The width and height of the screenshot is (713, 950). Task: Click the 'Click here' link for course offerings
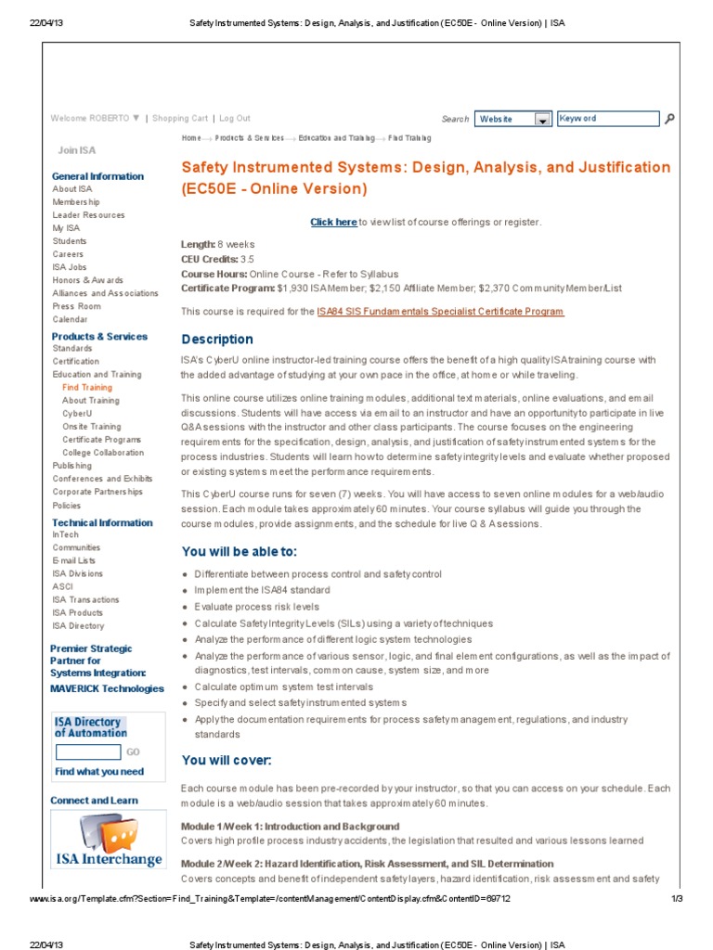(333, 222)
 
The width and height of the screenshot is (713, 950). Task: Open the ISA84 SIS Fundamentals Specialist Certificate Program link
(440, 312)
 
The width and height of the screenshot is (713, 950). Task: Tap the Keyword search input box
(607, 119)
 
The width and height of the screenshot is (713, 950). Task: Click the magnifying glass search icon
(670, 119)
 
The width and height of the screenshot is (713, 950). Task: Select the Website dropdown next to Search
(512, 119)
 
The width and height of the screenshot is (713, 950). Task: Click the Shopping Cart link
(180, 119)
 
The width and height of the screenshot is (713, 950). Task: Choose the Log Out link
(235, 119)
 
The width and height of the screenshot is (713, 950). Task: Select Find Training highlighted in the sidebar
(87, 388)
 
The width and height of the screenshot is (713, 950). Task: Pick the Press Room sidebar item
(77, 306)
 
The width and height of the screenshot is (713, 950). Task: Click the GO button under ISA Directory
(133, 752)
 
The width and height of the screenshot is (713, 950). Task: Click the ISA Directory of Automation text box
(88, 752)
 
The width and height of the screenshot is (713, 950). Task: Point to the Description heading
(217, 340)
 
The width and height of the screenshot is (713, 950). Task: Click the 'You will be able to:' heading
(239, 552)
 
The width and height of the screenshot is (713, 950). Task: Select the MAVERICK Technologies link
(107, 688)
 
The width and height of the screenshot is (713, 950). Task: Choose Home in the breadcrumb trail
(191, 138)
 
